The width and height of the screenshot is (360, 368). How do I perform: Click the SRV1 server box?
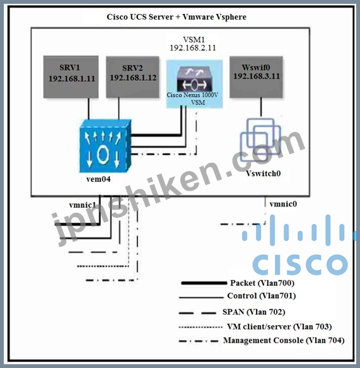(71, 77)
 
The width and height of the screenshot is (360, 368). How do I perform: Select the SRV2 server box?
(132, 77)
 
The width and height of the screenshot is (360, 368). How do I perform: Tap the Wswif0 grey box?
(256, 77)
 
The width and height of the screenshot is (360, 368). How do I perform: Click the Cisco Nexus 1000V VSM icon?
(195, 79)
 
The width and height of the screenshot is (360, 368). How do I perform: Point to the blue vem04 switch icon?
(105, 146)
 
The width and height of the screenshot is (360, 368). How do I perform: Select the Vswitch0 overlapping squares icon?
(260, 139)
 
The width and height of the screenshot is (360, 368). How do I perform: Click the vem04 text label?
(98, 179)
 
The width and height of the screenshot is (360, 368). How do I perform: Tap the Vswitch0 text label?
(263, 174)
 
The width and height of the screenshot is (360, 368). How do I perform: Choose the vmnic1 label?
(83, 205)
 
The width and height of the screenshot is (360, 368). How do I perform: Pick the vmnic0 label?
(283, 204)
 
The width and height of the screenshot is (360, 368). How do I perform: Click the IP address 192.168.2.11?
(193, 47)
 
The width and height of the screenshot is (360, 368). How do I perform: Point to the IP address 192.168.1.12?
(133, 78)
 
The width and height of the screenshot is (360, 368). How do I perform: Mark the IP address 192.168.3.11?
(257, 76)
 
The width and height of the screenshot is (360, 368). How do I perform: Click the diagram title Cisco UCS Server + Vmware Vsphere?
(177, 17)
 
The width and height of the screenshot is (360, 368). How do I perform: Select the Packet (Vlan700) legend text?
(262, 283)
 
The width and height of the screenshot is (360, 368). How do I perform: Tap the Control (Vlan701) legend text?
(261, 295)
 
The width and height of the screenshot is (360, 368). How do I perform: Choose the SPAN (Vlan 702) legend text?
(254, 312)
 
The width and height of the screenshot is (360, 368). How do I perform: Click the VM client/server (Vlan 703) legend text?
(279, 326)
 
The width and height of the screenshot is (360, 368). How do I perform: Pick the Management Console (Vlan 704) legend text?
(284, 340)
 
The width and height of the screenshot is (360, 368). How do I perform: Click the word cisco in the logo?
(300, 264)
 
